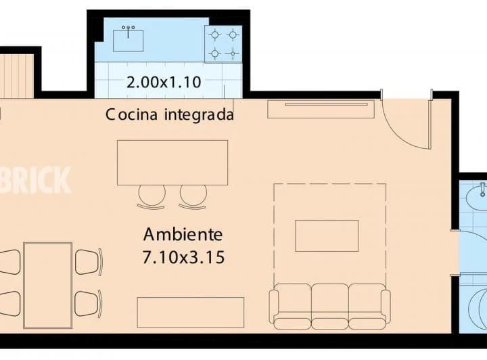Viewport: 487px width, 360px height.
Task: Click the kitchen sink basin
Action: pos(128,40)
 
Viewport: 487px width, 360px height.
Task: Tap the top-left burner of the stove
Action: pos(215,34)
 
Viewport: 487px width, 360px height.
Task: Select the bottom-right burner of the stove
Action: pos(233,53)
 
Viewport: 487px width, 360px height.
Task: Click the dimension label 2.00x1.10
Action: pos(164,83)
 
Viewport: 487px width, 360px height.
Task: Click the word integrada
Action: pos(200,115)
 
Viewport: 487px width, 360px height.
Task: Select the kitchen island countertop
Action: pos(172,162)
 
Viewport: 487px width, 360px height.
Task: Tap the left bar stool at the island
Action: pos(152,196)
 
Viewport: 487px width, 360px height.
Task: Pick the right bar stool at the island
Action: pos(193,196)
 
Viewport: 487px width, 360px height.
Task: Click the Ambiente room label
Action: pos(183,235)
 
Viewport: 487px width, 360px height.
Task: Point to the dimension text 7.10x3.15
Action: pos(183,257)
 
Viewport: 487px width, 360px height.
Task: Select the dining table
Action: pos(47,284)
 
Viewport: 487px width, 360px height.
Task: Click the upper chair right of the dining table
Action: pos(89,262)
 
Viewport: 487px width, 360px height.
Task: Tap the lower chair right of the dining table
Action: pos(89,302)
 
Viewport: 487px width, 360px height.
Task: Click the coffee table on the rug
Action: pos(327,235)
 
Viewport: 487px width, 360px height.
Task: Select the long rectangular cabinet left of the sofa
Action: pos(190,312)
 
